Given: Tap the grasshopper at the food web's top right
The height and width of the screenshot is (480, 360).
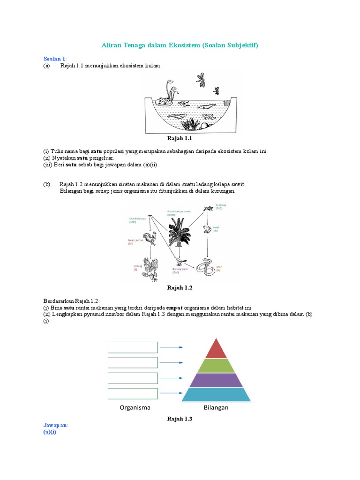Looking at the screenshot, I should pos(208,209).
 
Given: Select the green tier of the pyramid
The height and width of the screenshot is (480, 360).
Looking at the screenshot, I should pos(216,366).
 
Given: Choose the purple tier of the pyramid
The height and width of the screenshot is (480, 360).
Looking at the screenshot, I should pos(216,380).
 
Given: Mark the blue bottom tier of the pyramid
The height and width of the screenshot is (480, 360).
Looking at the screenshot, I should pos(216,395).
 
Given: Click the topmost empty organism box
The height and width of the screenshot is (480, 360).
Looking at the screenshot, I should pos(133,347).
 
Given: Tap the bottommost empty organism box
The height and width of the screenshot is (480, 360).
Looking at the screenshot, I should pos(133,394).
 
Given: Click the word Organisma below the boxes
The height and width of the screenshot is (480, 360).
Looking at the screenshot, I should pos(135,407).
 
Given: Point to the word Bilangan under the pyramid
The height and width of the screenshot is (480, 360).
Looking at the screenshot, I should pos(216,407).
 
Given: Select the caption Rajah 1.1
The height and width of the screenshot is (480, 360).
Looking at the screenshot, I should pos(180,139).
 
